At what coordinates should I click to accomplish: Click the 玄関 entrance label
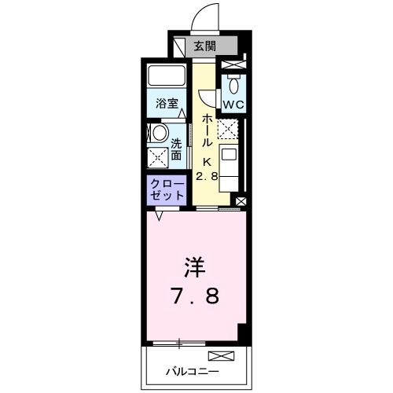click(204, 46)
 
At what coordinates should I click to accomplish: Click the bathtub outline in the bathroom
click(166, 77)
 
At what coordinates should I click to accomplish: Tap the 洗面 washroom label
click(176, 150)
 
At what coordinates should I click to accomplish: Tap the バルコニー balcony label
click(193, 370)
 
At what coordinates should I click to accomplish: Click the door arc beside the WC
click(207, 97)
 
